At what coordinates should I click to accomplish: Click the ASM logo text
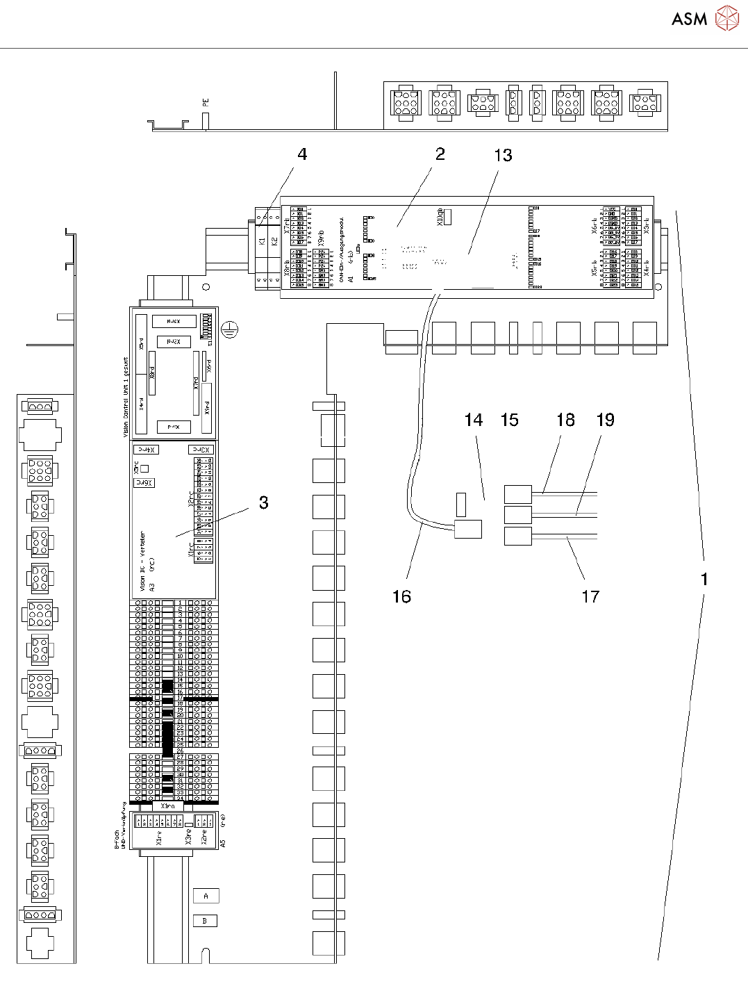point(689,19)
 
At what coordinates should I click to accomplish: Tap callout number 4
point(302,154)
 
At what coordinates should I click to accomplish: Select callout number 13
point(503,156)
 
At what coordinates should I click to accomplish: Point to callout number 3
point(263,502)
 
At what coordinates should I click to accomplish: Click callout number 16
point(401,596)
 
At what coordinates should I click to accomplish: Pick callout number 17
point(590,596)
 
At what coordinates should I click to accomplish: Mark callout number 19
point(606,420)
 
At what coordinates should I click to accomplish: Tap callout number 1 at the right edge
point(704,579)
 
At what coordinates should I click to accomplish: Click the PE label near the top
point(206,102)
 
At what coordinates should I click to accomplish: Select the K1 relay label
point(262,241)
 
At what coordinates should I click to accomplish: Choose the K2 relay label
point(274,241)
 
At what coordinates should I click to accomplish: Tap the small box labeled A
point(206,896)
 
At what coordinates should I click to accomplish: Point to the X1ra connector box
point(168,806)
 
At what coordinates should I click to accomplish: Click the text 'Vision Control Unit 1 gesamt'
point(126,398)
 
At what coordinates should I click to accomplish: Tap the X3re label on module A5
point(188,835)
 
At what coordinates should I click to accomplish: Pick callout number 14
point(474,420)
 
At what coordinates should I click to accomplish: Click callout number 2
point(440,154)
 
